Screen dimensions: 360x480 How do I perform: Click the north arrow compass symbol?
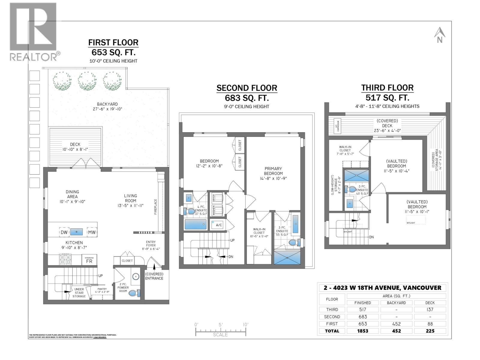[x=439, y=35]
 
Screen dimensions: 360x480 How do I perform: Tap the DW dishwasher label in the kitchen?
[x=64, y=232]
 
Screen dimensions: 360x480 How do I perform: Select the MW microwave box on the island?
[x=91, y=232]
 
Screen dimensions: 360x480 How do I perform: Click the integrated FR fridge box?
[x=89, y=260]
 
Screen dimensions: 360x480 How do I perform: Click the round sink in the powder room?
[x=136, y=276]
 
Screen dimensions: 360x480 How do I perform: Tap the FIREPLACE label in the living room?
[x=155, y=206]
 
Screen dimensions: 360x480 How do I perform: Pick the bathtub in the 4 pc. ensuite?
[x=196, y=224]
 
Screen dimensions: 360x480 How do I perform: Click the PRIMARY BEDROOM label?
[x=273, y=171]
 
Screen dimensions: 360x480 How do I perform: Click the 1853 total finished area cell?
[x=362, y=331]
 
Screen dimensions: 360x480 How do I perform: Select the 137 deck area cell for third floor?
[x=430, y=309]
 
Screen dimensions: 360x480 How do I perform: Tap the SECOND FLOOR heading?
[x=247, y=88]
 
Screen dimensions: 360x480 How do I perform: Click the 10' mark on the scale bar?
[x=245, y=325]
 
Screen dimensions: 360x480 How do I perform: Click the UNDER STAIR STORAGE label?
[x=79, y=293]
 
